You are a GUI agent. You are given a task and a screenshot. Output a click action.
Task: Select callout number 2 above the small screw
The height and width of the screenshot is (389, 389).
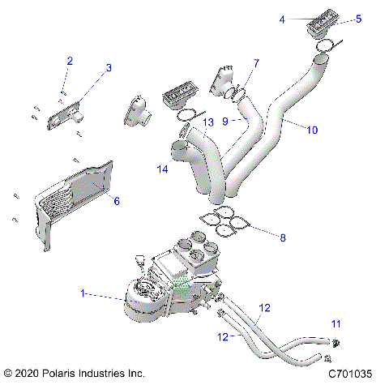coord(70,62)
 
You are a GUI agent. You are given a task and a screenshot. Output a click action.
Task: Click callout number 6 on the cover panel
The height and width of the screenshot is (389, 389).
coord(116,200)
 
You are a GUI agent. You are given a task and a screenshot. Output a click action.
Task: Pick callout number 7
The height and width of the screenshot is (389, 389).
coord(256,62)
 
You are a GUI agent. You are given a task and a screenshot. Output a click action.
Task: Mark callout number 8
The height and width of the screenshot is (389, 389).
coord(282,237)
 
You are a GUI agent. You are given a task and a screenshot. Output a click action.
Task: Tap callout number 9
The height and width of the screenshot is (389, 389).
coord(226,120)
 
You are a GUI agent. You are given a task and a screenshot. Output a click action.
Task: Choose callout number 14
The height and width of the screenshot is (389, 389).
coord(163,169)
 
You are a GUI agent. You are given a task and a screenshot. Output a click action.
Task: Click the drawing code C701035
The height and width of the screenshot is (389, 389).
coord(350,374)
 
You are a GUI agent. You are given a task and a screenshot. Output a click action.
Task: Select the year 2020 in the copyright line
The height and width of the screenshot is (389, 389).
coord(28,374)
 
